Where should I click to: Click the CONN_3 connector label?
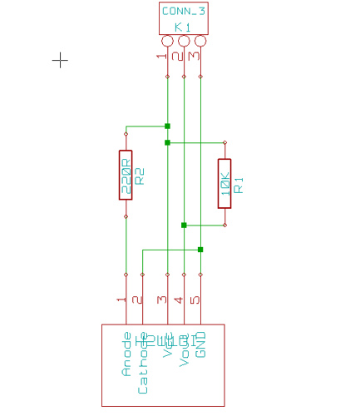pyautogui.click(x=183, y=11)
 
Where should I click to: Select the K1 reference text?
pyautogui.click(x=183, y=27)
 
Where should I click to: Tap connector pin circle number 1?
pyautogui.click(x=167, y=41)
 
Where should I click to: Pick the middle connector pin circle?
pyautogui.click(x=184, y=41)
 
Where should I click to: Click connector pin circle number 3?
pyautogui.click(x=200, y=41)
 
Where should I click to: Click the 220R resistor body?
pyautogui.click(x=126, y=175)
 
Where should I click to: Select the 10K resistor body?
pyautogui.click(x=224, y=183)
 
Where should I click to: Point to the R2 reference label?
pyautogui.click(x=140, y=175)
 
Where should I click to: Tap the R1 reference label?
pyautogui.click(x=239, y=184)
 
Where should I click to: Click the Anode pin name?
pyautogui.click(x=126, y=355)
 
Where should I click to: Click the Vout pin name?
pyautogui.click(x=184, y=349)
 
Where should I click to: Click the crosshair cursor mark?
pyautogui.click(x=60, y=60)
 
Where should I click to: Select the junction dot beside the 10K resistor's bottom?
pyautogui.click(x=184, y=225)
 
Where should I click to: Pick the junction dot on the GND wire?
pyautogui.click(x=200, y=249)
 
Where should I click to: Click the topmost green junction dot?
pyautogui.click(x=167, y=126)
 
